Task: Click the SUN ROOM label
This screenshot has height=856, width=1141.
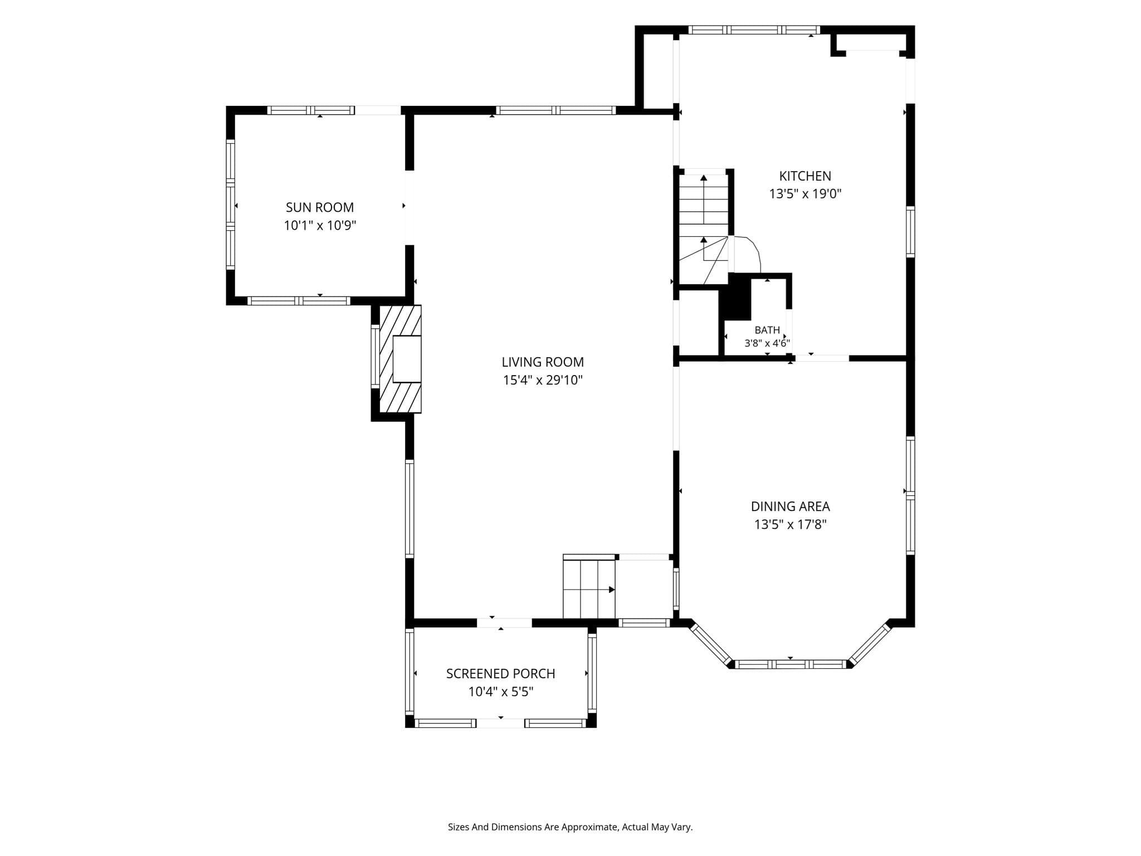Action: click(320, 207)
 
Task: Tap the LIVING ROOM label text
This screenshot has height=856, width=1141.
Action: click(543, 362)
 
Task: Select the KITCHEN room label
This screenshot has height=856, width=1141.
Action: click(805, 176)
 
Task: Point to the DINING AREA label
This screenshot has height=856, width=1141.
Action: click(790, 507)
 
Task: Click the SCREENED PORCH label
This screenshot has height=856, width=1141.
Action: click(500, 674)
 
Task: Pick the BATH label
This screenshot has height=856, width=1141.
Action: click(767, 330)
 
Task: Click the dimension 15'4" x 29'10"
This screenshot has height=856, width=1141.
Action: click(543, 381)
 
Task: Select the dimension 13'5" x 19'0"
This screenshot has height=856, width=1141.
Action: click(805, 194)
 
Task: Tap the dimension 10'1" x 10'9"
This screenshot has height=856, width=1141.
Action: click(320, 226)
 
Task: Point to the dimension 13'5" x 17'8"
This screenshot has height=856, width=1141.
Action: click(790, 524)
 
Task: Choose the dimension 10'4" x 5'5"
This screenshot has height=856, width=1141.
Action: click(500, 692)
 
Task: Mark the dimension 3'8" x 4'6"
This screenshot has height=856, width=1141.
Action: click(767, 343)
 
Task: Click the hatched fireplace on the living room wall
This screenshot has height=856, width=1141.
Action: click(400, 359)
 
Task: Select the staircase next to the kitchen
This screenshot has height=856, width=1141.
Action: click(704, 228)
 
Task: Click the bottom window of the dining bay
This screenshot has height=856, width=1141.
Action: click(790, 664)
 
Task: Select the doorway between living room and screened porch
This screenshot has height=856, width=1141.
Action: click(504, 623)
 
